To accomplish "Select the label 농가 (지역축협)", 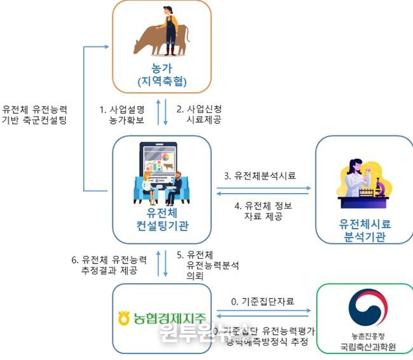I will [x=161, y=75].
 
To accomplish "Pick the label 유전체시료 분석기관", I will [x=363, y=231].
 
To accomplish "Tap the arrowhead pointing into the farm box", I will [x=108, y=46].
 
